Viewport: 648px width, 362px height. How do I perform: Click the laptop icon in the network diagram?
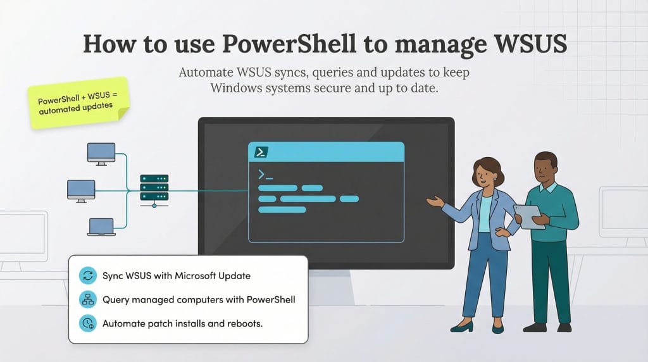click(102, 227)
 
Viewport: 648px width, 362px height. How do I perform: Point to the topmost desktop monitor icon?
click(101, 154)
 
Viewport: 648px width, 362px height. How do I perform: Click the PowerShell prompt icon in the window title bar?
click(261, 152)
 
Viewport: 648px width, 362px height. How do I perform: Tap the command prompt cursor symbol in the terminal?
click(265, 175)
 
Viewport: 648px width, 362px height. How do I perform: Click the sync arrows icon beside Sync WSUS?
click(87, 275)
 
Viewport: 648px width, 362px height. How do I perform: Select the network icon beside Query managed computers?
click(87, 299)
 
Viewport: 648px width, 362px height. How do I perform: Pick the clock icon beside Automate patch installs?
click(87, 323)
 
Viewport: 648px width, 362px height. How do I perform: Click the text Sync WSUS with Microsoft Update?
click(176, 276)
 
